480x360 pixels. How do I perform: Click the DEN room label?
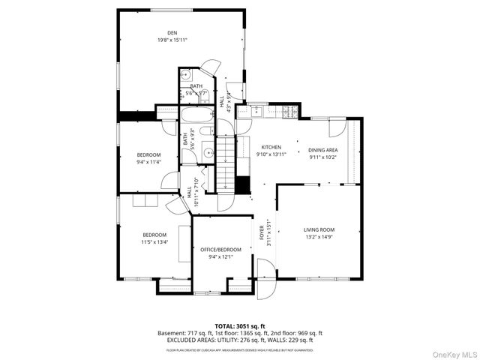172,32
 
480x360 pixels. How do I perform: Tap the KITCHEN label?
271,147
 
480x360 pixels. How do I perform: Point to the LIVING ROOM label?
319,229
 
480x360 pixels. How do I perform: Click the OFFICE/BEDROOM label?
220,250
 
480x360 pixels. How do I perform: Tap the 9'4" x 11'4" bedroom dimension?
148,161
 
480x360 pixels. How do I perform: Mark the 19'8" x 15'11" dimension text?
172,39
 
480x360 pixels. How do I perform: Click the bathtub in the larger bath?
197,115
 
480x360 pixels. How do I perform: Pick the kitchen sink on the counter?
256,111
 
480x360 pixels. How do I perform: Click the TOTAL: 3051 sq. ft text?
240,326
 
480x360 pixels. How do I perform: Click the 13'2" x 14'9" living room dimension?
319,237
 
